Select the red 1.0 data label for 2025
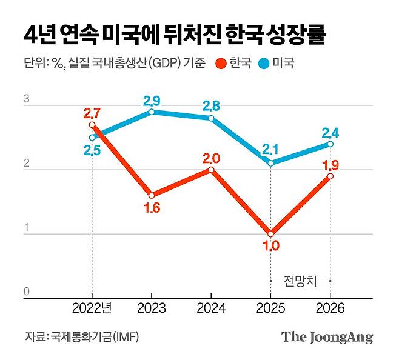pos(270,247)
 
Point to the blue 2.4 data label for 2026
pos(330,131)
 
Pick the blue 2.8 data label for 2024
pos(210,105)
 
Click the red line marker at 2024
pos(211,170)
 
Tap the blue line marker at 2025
pos(270,163)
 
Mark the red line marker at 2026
pos(330,176)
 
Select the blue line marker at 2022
pos(92,138)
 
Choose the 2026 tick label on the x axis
pos(330,309)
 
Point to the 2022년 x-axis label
pos(92,309)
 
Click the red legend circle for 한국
pos(221,63)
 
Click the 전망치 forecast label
pos(300,281)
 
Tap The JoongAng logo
pos(327,338)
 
